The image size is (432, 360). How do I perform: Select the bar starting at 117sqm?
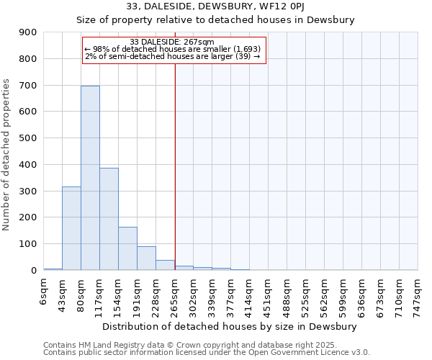tap(109, 219)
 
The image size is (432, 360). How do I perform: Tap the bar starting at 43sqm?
tap(71, 228)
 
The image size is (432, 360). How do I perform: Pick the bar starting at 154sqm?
tap(127, 248)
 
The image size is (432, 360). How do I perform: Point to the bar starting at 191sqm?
tap(146, 258)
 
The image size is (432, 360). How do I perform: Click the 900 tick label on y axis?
tap(28, 32)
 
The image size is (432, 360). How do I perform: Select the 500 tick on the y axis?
tap(28, 138)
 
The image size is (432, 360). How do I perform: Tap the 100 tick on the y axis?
tap(28, 244)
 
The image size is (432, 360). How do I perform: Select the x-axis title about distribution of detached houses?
tap(230, 326)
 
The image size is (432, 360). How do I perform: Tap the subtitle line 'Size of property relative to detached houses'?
tap(215, 20)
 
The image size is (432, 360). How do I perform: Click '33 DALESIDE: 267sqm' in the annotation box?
tap(173, 42)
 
